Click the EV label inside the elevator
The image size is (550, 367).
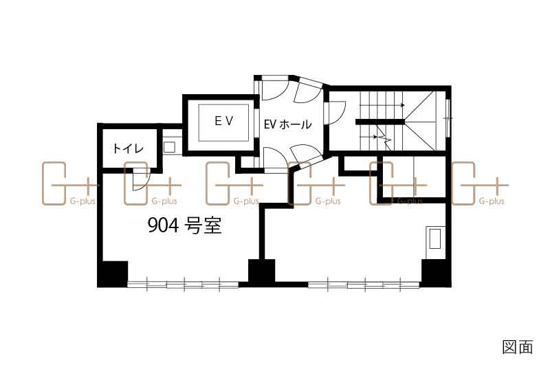[x=224, y=121]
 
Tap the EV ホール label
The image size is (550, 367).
[x=287, y=124]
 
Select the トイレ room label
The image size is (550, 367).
[x=129, y=148]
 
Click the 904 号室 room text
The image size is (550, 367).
[x=184, y=225]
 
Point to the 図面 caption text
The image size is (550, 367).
[x=518, y=346]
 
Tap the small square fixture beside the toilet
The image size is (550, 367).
[x=169, y=147]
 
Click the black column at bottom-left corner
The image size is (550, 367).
[x=113, y=274]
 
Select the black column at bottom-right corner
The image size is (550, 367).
[x=436, y=273]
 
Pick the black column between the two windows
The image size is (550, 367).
[x=262, y=272]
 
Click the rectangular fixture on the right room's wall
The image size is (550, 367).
[x=435, y=238]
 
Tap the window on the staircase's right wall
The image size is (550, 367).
[x=448, y=118]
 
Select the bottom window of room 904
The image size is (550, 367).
[x=183, y=284]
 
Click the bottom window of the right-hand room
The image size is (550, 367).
[x=364, y=285]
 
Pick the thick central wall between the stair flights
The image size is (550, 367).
[x=380, y=122]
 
